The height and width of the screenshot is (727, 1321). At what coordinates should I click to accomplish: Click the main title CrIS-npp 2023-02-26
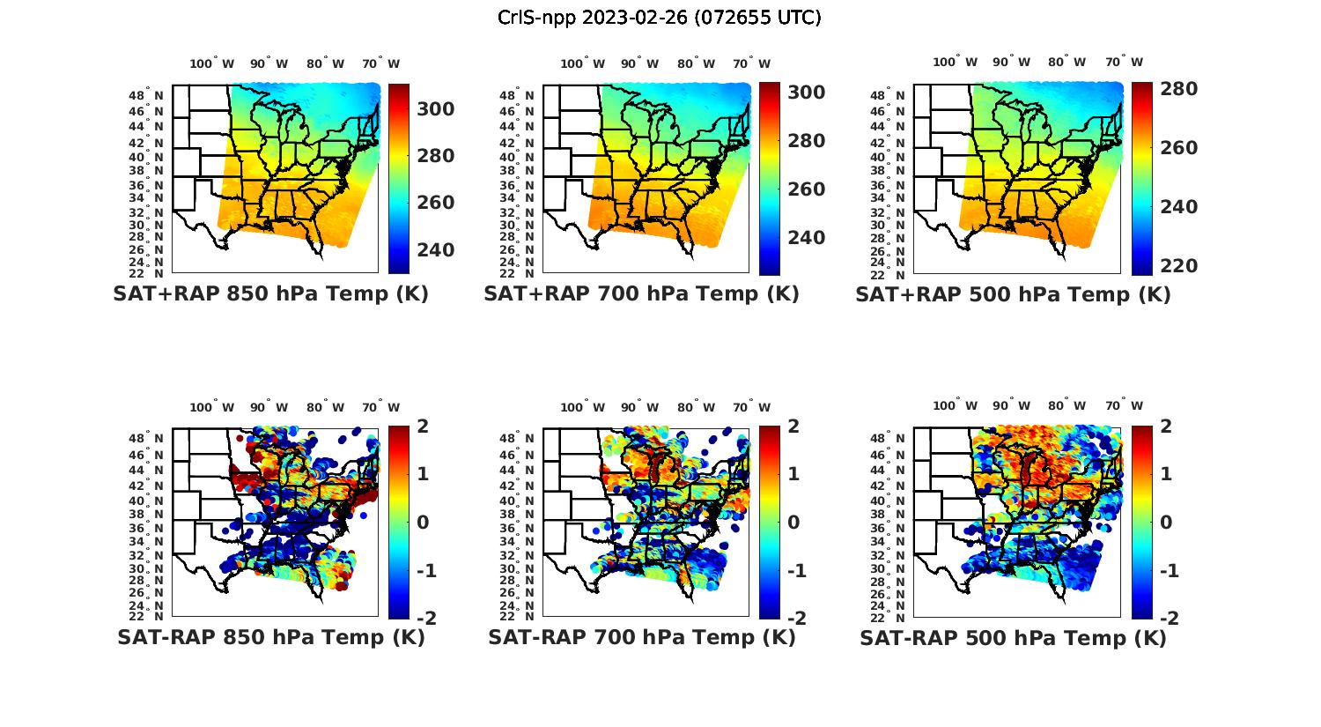659,18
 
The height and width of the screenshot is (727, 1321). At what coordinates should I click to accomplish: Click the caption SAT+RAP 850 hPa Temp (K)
270,294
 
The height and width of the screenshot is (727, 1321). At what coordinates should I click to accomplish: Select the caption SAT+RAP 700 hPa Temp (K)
641,294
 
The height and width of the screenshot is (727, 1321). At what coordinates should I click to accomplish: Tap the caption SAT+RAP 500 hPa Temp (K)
1013,294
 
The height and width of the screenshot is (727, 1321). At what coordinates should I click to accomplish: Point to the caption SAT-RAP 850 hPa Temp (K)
270,637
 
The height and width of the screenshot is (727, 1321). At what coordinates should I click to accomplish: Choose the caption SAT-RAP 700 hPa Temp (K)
642,637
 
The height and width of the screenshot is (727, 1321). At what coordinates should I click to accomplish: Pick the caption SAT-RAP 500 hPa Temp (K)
1013,637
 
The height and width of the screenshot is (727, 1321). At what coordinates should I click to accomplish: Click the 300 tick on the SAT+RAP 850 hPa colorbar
435,109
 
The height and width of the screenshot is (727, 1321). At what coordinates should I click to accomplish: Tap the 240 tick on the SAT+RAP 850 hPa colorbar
435,250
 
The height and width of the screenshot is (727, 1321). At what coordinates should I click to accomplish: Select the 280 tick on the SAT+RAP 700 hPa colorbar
806,141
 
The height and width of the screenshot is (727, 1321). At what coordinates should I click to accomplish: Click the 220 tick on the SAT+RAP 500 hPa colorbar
1177,266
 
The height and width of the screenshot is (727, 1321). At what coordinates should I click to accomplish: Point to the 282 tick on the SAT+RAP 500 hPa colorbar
1177,89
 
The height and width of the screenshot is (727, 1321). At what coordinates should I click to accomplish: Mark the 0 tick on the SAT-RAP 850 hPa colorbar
422,522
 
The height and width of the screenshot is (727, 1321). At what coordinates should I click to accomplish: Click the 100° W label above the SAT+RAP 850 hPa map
211,63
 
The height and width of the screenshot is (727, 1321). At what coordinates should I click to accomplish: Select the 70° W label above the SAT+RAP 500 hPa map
1124,62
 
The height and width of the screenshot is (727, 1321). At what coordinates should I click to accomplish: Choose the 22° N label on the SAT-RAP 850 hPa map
145,616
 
